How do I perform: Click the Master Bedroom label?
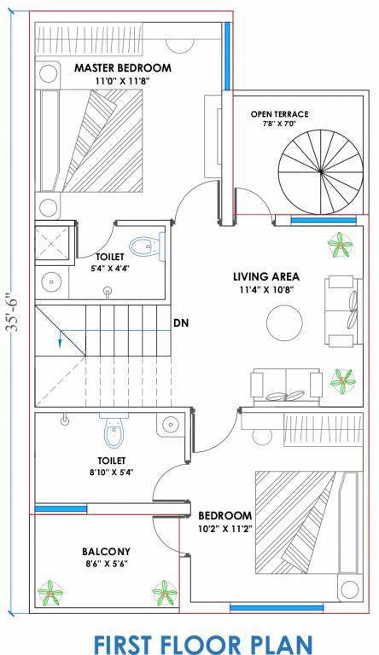(x=123, y=67)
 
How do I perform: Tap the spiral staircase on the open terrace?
(x=320, y=171)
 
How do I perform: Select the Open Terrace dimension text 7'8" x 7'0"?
(x=279, y=124)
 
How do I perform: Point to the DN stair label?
(x=182, y=323)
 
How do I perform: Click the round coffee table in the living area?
(x=284, y=323)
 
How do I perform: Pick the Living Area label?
(x=266, y=276)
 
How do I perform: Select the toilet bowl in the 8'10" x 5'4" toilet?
(x=112, y=434)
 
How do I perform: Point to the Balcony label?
(x=106, y=552)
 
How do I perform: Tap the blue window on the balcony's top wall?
(x=61, y=509)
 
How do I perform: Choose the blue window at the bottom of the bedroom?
(x=277, y=608)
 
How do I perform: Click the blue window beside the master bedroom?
(x=227, y=56)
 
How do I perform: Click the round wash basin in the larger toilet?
(x=171, y=425)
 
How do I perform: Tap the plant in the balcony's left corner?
(x=50, y=593)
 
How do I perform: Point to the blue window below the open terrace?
(x=324, y=220)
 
